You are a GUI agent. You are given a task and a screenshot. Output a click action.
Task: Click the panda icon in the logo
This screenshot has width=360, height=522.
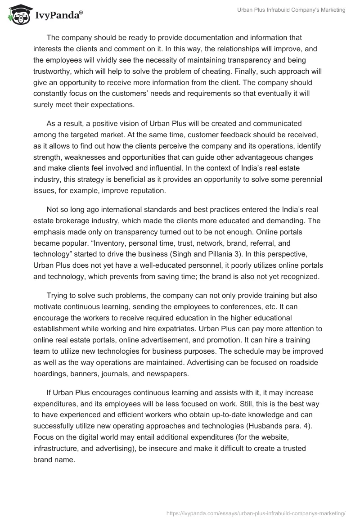click(17, 15)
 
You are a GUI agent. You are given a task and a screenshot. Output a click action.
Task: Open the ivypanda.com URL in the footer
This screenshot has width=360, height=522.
click(256, 513)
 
